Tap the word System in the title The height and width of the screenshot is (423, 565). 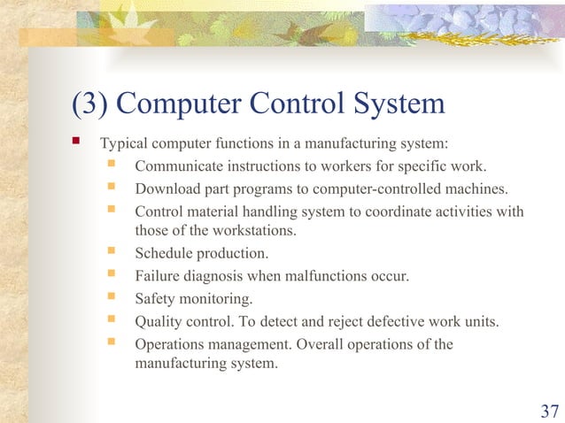pyautogui.click(x=394, y=104)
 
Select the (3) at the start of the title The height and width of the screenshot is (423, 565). pyautogui.click(x=90, y=104)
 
